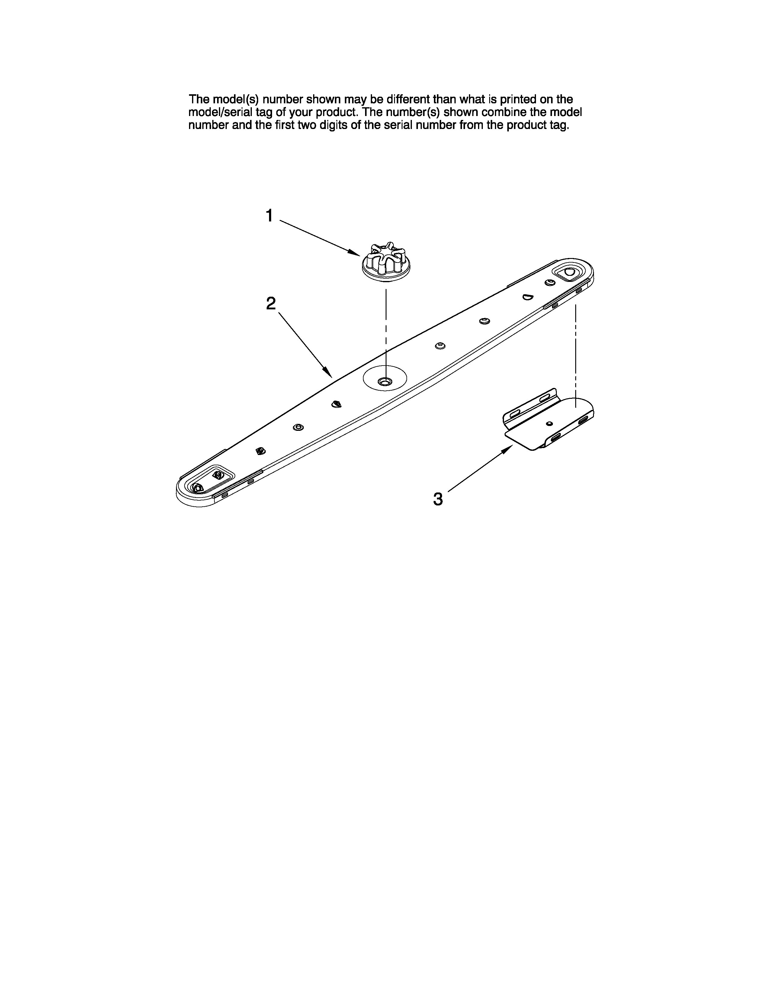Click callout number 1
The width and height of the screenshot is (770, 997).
click(x=270, y=215)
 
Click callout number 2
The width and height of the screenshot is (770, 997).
click(x=271, y=304)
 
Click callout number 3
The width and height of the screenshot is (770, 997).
click(x=438, y=499)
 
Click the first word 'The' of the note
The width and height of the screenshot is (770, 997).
click(x=199, y=99)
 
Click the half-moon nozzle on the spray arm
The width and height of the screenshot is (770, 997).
click(x=528, y=297)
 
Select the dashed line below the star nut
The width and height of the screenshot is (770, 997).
click(x=387, y=329)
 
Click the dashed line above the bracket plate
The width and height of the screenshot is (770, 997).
click(x=576, y=351)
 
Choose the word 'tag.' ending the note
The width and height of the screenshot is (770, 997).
click(x=559, y=126)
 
